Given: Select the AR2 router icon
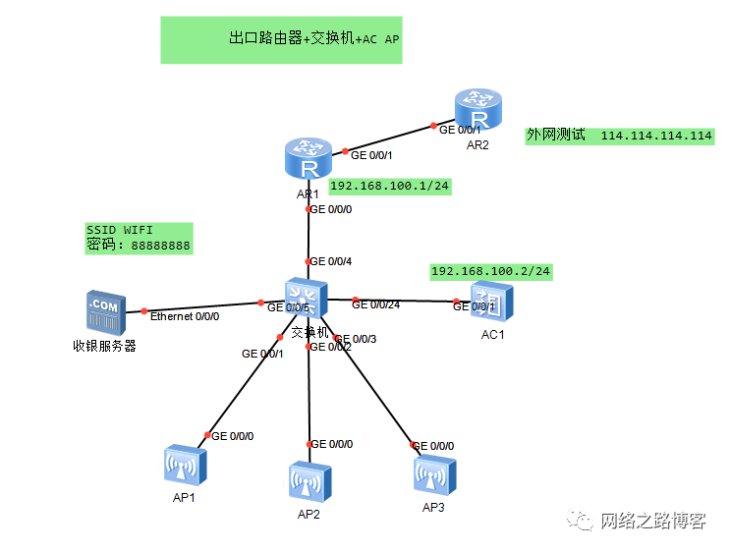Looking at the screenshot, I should (477, 109).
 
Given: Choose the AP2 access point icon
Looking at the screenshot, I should (309, 482).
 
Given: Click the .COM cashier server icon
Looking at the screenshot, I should (105, 310).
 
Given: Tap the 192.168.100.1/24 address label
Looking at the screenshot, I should (390, 186).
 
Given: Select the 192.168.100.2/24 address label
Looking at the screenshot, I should (491, 271).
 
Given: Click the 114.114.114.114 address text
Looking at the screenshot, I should (656, 136).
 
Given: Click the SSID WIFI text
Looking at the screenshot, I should (120, 230).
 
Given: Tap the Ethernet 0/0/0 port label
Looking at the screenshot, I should (185, 316).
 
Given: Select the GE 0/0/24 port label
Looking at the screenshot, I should (376, 304).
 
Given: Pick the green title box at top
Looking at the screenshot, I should (281, 39).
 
